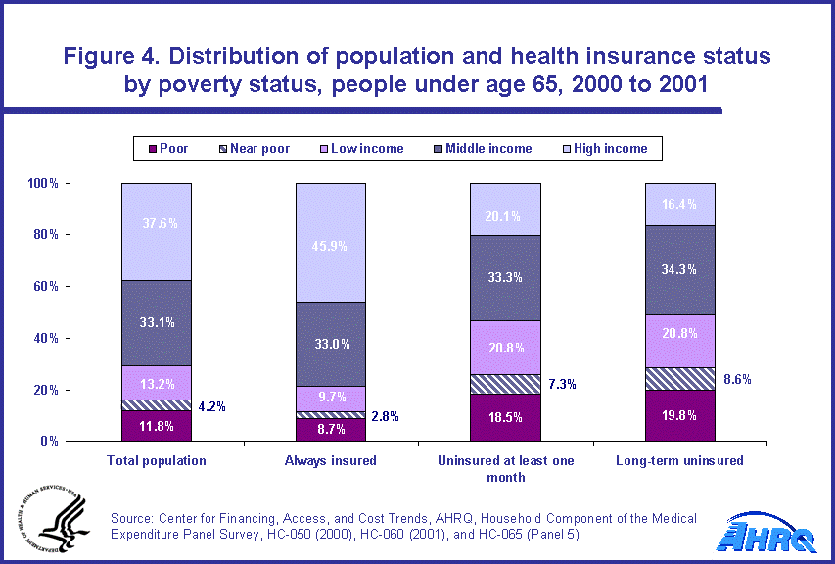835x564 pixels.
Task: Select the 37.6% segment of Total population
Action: pyautogui.click(x=156, y=231)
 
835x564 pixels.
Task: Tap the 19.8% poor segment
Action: pyautogui.click(x=678, y=415)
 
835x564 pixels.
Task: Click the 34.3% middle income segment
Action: pyautogui.click(x=678, y=270)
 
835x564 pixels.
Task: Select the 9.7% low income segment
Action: pyautogui.click(x=330, y=398)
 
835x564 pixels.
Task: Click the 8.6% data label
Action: pyautogui.click(x=737, y=378)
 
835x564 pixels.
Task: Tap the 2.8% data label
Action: pyautogui.click(x=385, y=417)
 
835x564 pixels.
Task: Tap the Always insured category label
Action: pyautogui.click(x=330, y=460)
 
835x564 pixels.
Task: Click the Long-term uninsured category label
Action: pyautogui.click(x=678, y=460)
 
